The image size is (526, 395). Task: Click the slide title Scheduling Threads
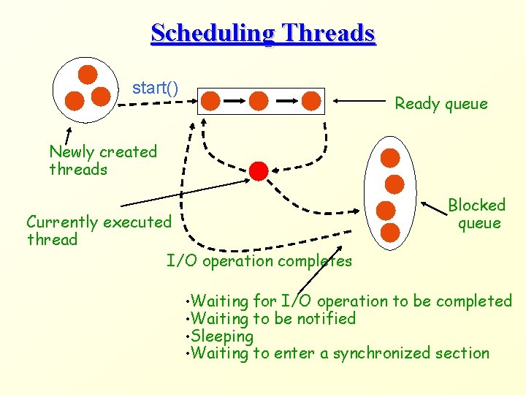pyautogui.click(x=263, y=33)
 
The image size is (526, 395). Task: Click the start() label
pyautogui.click(x=155, y=89)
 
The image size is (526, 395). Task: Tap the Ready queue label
pyautogui.click(x=441, y=104)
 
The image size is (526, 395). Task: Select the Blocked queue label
pyautogui.click(x=477, y=214)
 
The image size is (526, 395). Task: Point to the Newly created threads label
pyautogui.click(x=102, y=161)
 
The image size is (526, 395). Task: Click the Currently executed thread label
pyautogui.click(x=98, y=230)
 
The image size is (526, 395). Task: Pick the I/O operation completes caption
pyautogui.click(x=259, y=261)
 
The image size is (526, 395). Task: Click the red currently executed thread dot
pyautogui.click(x=259, y=171)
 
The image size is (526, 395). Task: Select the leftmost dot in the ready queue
pyautogui.click(x=210, y=100)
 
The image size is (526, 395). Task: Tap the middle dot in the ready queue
pyautogui.click(x=259, y=100)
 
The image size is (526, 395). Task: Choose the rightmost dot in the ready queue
pyautogui.click(x=312, y=100)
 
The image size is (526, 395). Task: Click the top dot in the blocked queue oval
pyautogui.click(x=391, y=157)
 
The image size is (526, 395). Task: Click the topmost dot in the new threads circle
pyautogui.click(x=88, y=74)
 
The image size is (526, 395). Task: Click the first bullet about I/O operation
pyautogui.click(x=351, y=301)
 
